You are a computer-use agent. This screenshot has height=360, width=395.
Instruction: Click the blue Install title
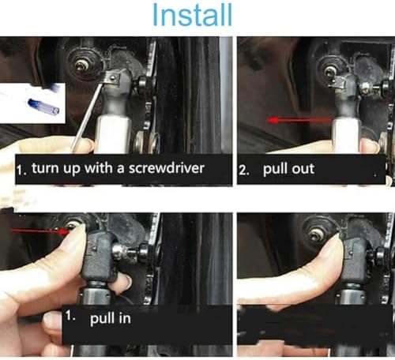(193, 15)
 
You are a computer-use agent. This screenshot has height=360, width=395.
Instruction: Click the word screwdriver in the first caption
(167, 168)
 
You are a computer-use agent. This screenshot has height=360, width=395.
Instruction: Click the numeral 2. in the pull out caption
(244, 171)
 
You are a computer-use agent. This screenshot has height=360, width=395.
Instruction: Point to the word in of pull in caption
(125, 318)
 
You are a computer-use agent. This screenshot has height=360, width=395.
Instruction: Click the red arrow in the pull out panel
(299, 121)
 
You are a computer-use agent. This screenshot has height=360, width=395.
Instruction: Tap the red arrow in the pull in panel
(39, 231)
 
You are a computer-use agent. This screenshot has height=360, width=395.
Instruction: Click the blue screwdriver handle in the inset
(43, 107)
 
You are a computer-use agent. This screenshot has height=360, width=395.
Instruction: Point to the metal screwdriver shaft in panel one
(86, 118)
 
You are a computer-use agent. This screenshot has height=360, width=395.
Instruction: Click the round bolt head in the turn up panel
(80, 66)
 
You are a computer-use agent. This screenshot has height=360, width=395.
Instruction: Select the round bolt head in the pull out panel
(329, 72)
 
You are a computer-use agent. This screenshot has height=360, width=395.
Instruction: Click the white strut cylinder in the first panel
(113, 135)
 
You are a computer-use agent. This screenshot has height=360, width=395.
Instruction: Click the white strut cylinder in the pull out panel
(346, 136)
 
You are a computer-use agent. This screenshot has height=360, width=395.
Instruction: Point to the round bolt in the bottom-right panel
(316, 234)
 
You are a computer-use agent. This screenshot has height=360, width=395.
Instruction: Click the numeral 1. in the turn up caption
(21, 171)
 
